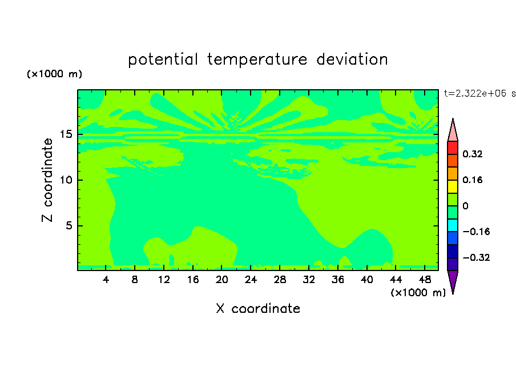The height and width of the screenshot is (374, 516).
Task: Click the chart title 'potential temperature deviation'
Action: click(258, 59)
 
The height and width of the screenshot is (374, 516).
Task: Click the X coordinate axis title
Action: click(258, 308)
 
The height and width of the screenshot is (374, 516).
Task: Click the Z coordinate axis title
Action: click(47, 180)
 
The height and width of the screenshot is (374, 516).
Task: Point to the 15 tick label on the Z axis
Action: click(66, 134)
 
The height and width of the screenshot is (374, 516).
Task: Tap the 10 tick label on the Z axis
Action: click(66, 180)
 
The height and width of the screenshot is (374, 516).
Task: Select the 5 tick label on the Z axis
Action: click(69, 225)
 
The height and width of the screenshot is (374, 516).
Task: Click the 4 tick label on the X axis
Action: click(106, 280)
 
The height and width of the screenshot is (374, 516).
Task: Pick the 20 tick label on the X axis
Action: click(222, 280)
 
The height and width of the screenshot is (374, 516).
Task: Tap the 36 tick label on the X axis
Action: click(338, 280)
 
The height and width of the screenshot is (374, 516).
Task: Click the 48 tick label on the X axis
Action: click(425, 280)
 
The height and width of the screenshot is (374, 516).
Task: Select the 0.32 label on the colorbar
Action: click(473, 154)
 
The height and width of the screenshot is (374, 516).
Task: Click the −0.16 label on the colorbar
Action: click(476, 232)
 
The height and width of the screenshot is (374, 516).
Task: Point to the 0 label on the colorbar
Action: click(465, 206)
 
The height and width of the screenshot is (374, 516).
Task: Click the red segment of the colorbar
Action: click(453, 148)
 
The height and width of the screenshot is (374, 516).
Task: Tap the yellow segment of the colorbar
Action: click(453, 186)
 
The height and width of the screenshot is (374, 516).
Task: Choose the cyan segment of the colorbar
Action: click(453, 225)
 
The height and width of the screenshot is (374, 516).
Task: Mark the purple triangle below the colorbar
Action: click(453, 280)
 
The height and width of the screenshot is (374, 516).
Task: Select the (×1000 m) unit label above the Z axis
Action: click(54, 74)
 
